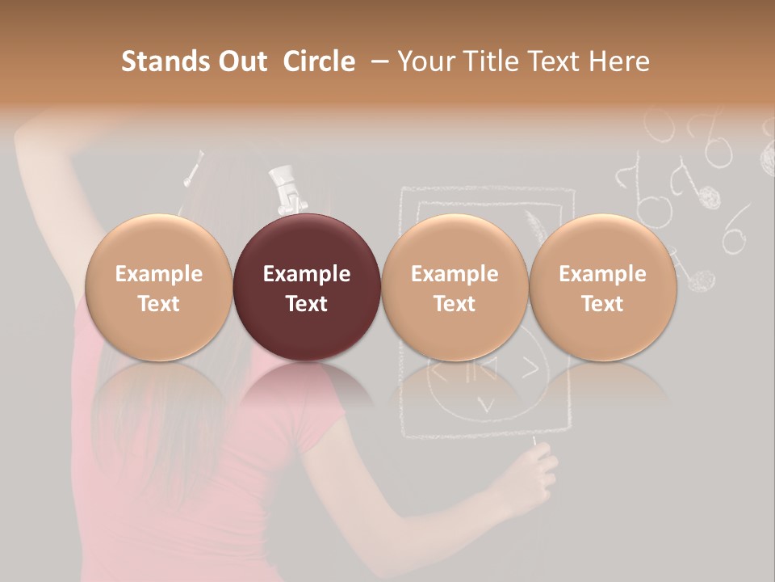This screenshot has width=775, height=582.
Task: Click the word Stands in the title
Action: pos(164,61)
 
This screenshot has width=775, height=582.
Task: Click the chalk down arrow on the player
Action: pos(486,403)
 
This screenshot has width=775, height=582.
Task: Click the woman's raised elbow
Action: pos(32,129)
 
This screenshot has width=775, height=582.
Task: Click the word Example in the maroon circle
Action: pos(307,274)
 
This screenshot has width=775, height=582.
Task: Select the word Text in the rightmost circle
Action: pos(602,304)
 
